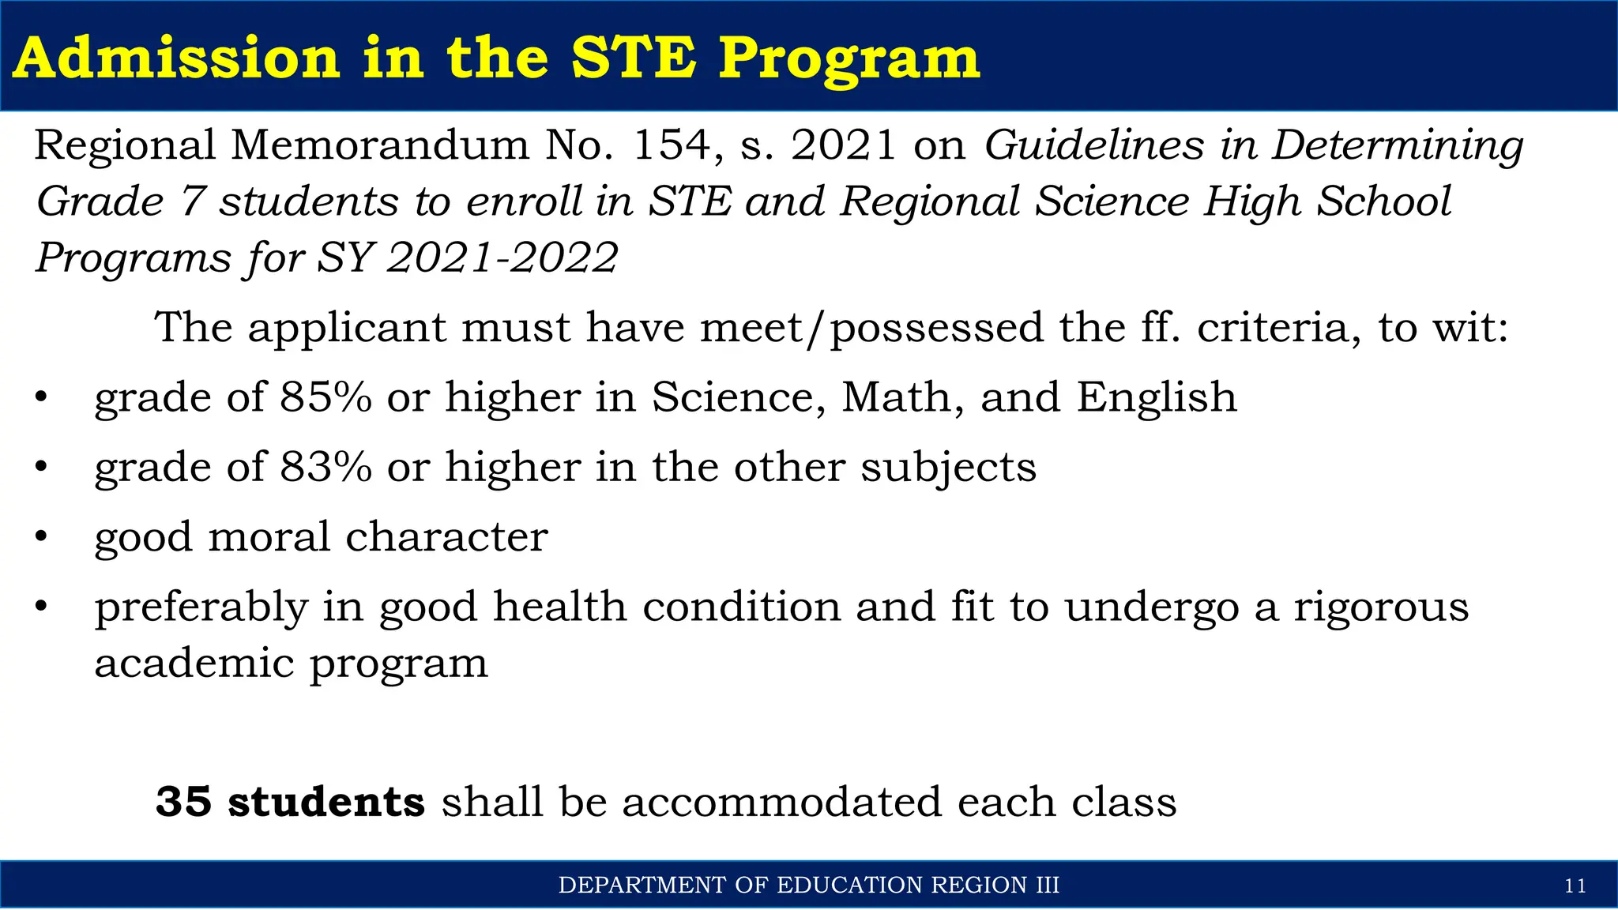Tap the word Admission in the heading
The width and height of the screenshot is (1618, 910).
click(x=176, y=58)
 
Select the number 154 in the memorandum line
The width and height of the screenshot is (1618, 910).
click(x=672, y=145)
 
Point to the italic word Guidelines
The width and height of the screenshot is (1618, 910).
click(x=1093, y=145)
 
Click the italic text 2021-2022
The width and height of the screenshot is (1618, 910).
click(x=502, y=258)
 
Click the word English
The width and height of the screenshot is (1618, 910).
click(x=1157, y=397)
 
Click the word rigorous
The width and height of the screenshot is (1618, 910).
click(x=1381, y=607)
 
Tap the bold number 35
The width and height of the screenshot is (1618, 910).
click(x=183, y=802)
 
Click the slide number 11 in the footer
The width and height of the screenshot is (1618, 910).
click(x=1575, y=886)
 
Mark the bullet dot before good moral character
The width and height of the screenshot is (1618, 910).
click(x=41, y=537)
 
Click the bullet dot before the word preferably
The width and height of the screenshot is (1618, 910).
click(x=41, y=607)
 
